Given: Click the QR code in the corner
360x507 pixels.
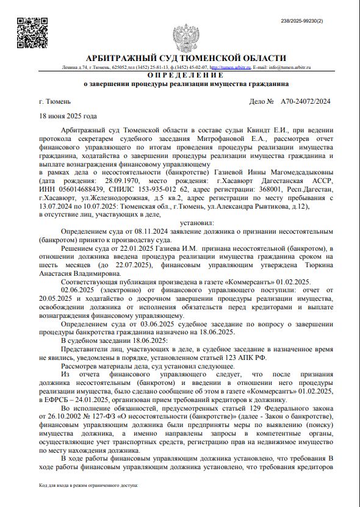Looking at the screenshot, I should pos(32,34).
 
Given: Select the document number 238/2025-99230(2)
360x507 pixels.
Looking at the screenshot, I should pos(317,21).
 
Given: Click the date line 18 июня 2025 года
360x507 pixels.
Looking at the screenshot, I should pos(68,115).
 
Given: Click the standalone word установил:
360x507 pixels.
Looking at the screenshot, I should pos(185,223).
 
